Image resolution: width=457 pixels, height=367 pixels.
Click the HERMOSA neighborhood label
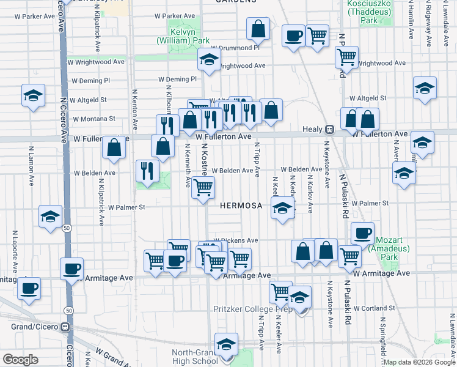(241, 206)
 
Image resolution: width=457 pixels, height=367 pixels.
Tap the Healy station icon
(329, 130)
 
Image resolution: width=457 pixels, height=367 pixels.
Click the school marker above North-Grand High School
(226, 344)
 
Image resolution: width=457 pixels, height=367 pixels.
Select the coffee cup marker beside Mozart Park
(362, 232)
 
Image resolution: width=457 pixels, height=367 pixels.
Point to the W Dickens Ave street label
(236, 240)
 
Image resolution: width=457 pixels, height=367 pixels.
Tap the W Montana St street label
(94, 119)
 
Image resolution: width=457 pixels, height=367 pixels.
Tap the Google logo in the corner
(20, 360)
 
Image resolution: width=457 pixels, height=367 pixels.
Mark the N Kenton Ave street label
(134, 111)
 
